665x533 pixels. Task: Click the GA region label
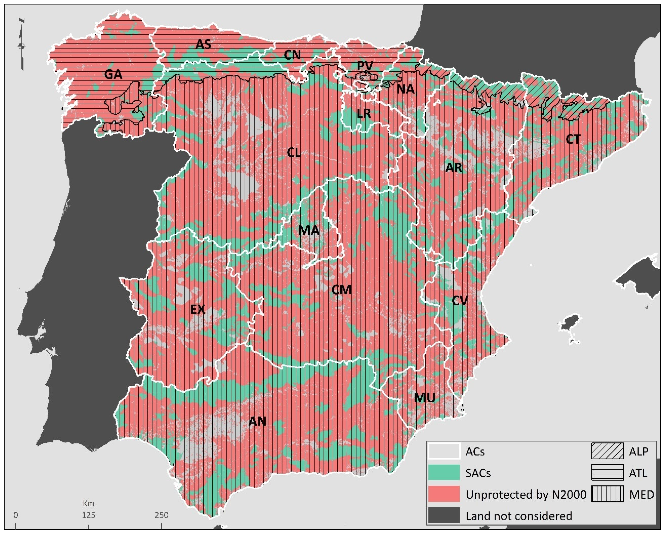click(113, 74)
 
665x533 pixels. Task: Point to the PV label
click(365, 66)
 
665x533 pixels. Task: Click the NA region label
click(405, 89)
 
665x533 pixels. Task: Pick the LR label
click(364, 114)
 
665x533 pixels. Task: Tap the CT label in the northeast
click(573, 139)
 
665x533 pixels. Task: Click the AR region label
click(454, 168)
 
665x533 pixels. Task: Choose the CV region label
click(460, 301)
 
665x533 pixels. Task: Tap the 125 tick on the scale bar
click(89, 515)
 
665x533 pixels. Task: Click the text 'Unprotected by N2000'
click(526, 495)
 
